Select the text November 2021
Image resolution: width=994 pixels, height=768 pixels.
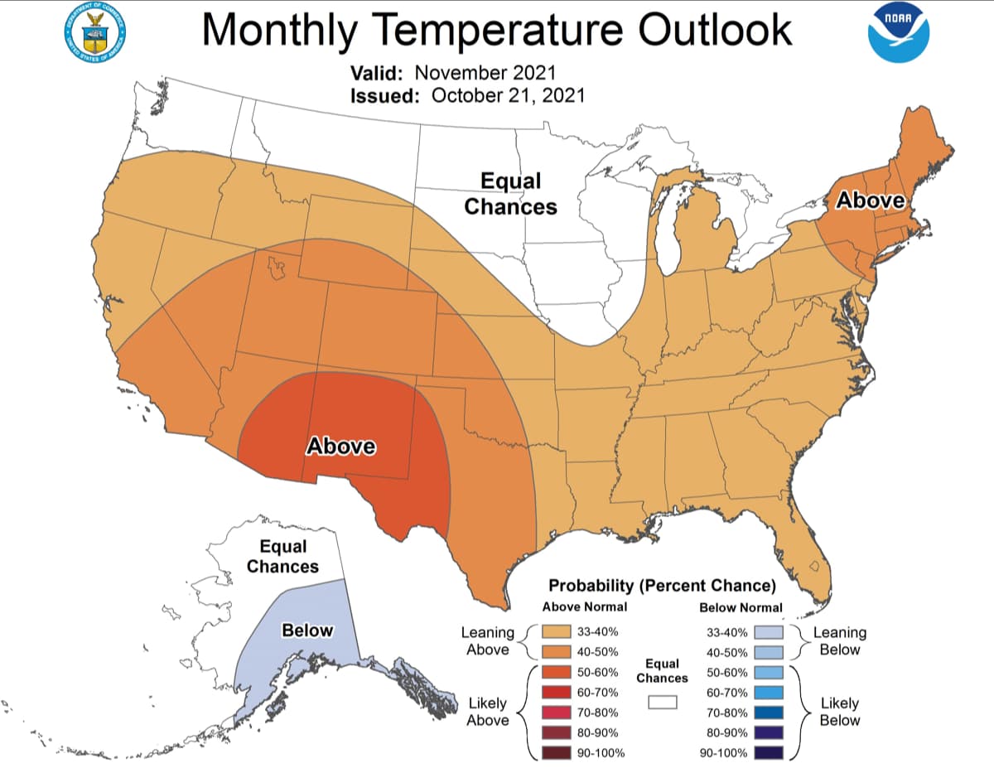[485, 71]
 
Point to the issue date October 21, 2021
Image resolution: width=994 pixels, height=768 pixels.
[508, 95]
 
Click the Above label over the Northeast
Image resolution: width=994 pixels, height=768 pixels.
[871, 200]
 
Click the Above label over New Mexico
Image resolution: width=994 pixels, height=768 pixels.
[341, 447]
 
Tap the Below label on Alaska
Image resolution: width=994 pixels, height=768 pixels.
[307, 630]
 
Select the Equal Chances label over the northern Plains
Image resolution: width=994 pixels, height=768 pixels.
[510, 194]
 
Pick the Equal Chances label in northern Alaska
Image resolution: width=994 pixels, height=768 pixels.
[282, 557]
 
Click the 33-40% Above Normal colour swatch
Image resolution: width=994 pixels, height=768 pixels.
[557, 631]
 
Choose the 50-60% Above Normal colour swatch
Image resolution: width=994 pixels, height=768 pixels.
[557, 672]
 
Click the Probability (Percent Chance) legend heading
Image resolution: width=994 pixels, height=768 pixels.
[662, 586]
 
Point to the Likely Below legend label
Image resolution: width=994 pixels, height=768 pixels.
[839, 712]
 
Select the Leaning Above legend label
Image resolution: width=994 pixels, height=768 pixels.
[487, 641]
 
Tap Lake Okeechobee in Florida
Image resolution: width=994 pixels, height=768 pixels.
[813, 568]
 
